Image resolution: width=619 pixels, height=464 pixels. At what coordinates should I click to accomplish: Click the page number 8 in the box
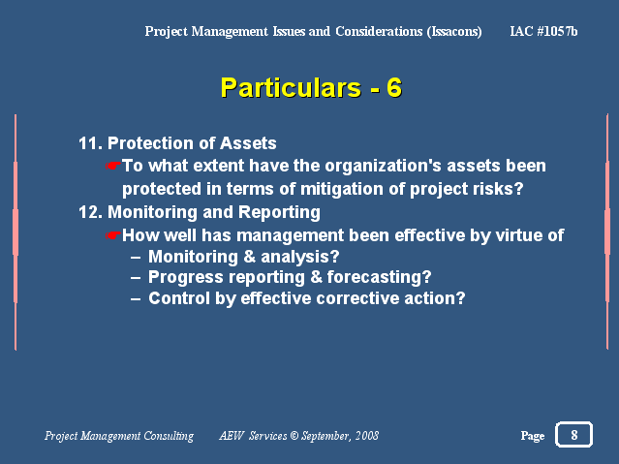click(574, 435)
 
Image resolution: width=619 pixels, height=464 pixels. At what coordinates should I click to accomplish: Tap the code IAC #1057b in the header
click(543, 31)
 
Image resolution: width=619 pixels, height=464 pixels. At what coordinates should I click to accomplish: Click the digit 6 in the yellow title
click(394, 87)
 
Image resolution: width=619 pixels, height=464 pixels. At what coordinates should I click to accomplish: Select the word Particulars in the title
click(291, 87)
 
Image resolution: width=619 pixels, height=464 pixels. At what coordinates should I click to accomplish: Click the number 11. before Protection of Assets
click(90, 143)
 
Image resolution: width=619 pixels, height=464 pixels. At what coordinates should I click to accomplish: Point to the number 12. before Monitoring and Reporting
click(90, 212)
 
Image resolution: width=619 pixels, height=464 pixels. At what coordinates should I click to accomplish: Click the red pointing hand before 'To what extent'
click(113, 166)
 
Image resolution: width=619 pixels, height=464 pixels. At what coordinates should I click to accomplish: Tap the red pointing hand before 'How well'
click(113, 235)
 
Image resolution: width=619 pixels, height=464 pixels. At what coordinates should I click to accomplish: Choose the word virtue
click(517, 235)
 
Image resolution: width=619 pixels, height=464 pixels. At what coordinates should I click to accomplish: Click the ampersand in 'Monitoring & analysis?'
click(249, 257)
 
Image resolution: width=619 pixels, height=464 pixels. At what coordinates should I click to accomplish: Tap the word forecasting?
click(379, 277)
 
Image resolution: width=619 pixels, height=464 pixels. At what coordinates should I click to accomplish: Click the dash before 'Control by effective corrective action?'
click(136, 299)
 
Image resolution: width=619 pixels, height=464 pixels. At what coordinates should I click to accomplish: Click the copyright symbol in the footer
click(294, 436)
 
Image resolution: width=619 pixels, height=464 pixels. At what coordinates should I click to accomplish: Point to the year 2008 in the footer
click(367, 436)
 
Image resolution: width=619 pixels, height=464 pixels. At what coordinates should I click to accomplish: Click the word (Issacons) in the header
click(454, 31)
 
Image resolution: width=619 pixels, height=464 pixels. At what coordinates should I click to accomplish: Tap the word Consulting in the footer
click(169, 436)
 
